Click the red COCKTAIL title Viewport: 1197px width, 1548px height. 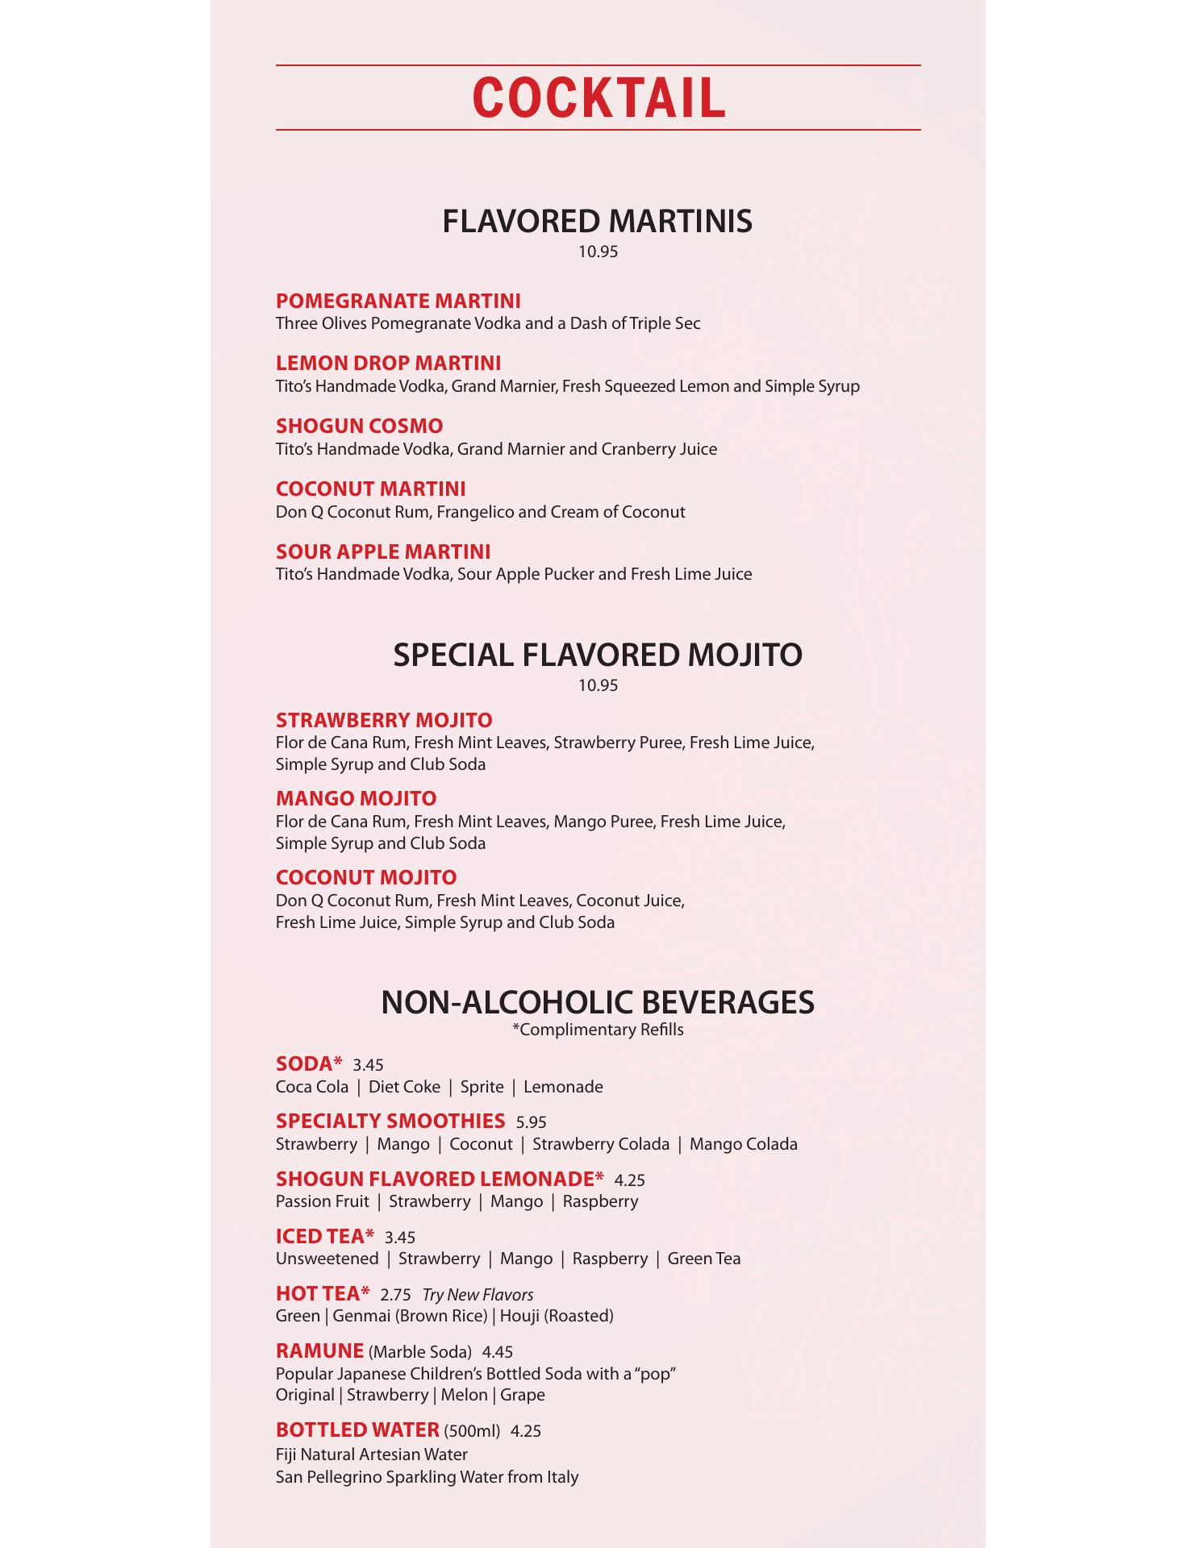598,98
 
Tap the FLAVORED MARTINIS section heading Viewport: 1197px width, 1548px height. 598,221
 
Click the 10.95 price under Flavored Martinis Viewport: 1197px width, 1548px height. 598,252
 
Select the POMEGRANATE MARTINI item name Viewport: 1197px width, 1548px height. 398,301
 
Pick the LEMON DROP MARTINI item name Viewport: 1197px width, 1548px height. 388,363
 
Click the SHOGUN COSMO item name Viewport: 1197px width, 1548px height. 359,426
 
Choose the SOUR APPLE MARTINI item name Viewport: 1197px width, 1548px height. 383,551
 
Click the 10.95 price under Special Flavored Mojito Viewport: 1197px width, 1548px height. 598,686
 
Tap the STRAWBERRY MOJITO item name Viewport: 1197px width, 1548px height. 384,720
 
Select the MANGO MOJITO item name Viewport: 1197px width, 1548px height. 356,798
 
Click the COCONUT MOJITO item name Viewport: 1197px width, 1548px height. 366,877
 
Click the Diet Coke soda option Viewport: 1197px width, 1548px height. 404,1087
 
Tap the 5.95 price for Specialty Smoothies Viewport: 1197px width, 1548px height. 532,1122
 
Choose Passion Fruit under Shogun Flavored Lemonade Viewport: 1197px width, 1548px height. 322,1201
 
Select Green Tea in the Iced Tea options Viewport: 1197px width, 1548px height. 703,1259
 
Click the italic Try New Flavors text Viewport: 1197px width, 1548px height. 478,1295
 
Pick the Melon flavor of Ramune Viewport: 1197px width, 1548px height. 464,1395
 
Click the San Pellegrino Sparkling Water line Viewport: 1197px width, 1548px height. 427,1477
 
